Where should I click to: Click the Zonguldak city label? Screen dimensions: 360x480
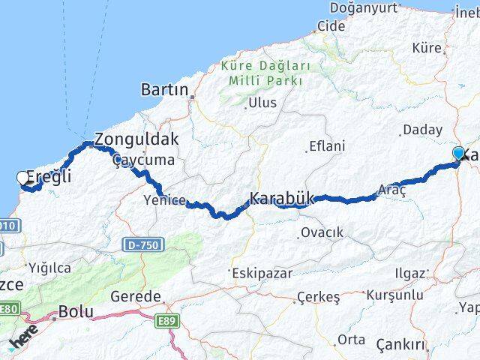point(136,139)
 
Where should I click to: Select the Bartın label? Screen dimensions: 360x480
point(164,89)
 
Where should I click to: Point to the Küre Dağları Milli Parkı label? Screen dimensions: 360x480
point(262,73)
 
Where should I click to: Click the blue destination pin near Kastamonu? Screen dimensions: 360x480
point(458,154)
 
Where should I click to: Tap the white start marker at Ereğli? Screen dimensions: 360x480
point(22,178)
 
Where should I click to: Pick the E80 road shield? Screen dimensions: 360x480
point(8,309)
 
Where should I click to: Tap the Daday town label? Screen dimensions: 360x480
point(422,130)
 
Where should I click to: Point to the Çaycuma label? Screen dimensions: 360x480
point(142,160)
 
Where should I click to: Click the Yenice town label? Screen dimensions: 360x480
point(161,199)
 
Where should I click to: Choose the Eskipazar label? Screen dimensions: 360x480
point(262,273)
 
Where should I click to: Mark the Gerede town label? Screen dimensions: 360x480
point(136,296)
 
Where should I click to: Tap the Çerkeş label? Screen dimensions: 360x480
point(318,297)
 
